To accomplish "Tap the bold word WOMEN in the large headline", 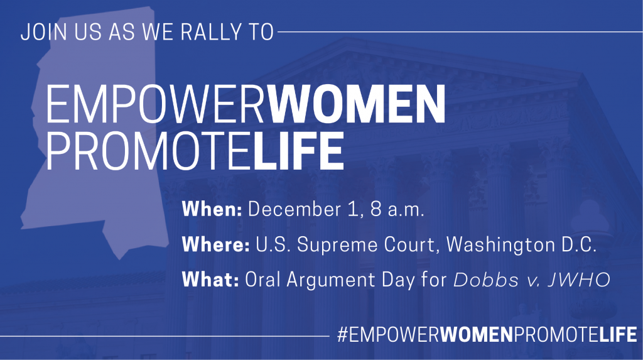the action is click(x=357, y=104).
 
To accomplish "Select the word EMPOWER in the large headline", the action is click(x=156, y=104).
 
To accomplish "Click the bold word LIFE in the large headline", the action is click(x=298, y=151).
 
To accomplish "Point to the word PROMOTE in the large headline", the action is click(x=149, y=151).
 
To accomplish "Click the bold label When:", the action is click(x=212, y=209).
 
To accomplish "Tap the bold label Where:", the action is click(x=216, y=244).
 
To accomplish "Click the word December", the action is click(x=294, y=209).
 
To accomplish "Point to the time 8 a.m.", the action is click(x=397, y=209).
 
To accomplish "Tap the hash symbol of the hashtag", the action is click(x=343, y=334).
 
